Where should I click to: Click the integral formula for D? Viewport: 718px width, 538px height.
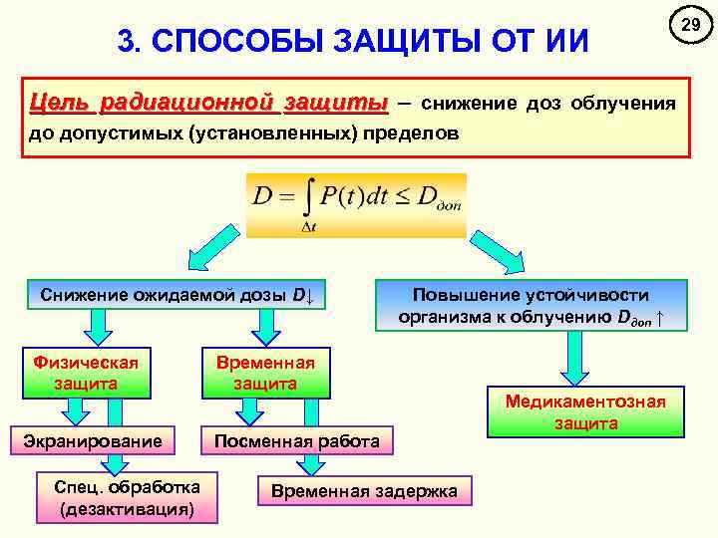356,205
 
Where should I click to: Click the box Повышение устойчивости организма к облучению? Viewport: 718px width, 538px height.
531,306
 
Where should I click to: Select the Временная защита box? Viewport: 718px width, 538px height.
265,372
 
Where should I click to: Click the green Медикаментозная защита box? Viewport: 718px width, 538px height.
585,411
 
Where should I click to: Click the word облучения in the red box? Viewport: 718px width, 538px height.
623,103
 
